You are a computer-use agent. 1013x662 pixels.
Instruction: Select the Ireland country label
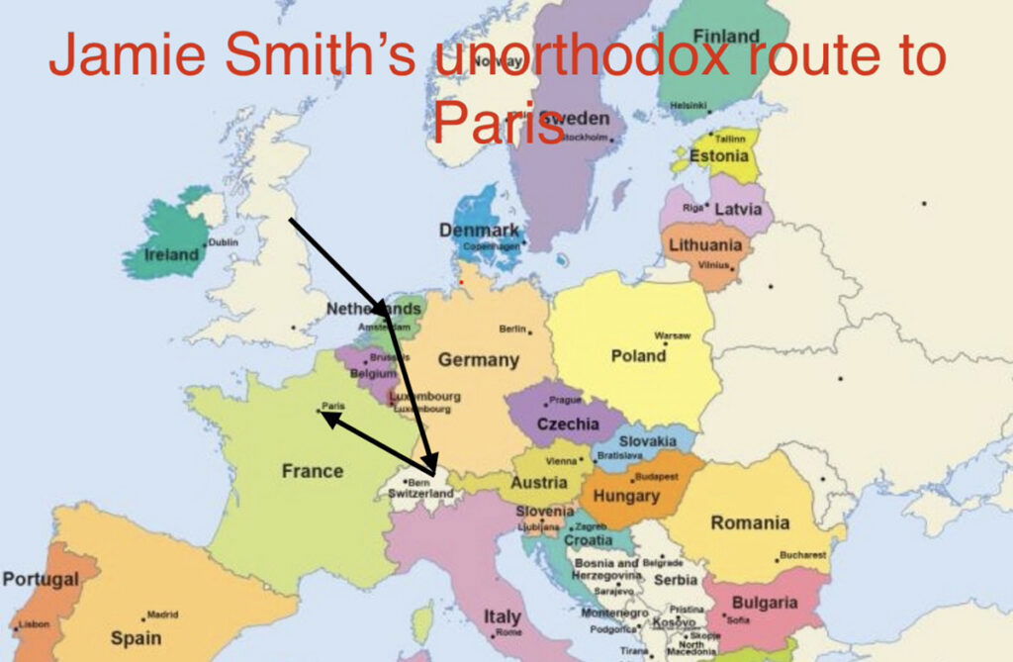pos(171,254)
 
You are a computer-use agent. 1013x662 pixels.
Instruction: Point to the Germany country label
pos(479,360)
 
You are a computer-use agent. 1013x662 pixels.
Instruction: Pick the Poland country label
pos(638,356)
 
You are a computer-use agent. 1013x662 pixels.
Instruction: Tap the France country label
pos(312,471)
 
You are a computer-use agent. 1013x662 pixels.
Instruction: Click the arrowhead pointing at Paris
pos(325,418)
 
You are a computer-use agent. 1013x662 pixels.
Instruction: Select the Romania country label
pos(750,522)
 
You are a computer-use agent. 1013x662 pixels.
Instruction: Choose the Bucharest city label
pos(802,555)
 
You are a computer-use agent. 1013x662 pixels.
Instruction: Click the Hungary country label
pos(627,496)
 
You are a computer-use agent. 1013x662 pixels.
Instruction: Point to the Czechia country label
pos(568,424)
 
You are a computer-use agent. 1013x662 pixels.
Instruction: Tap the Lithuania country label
pos(705,245)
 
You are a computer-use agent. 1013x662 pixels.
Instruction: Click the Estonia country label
pos(719,156)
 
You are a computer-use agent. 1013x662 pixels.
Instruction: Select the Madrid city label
pos(162,615)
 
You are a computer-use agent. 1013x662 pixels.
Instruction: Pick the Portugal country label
pos(39,578)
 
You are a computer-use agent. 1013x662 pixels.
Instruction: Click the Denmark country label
pos(478,230)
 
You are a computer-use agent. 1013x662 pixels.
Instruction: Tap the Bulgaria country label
pos(765,603)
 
